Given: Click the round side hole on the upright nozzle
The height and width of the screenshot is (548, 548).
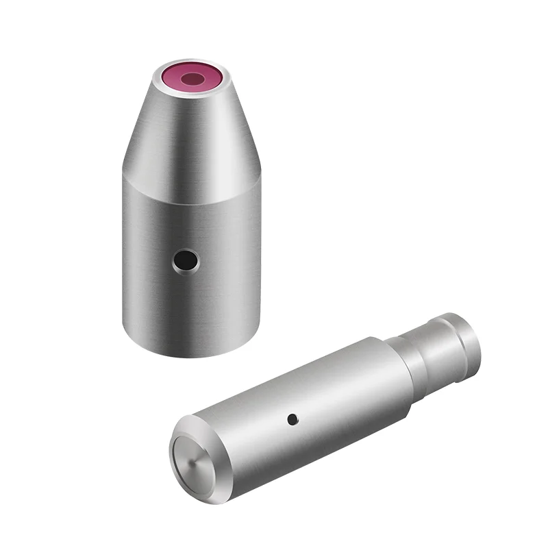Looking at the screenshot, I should [x=185, y=260].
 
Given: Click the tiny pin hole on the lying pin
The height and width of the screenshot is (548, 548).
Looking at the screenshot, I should [x=292, y=418].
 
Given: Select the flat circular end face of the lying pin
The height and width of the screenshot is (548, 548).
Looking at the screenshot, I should [x=194, y=460].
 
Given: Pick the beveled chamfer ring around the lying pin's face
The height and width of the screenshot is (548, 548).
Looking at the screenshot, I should [x=179, y=438].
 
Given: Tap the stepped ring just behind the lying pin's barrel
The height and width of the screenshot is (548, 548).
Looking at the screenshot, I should [x=399, y=370].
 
